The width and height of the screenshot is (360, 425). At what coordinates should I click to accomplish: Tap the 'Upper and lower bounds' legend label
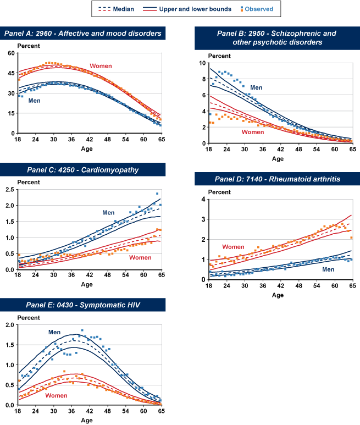pos(195,9)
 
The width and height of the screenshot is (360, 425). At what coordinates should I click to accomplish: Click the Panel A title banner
pos(82,34)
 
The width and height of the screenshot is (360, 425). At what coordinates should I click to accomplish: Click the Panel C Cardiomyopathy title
pos(82,169)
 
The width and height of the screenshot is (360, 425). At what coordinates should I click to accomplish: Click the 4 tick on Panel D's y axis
pos(203,199)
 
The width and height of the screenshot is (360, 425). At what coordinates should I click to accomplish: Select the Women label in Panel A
pos(101,66)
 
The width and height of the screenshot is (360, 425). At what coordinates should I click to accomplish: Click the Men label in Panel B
pos(256,87)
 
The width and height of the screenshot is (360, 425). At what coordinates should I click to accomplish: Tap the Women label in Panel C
pos(140,257)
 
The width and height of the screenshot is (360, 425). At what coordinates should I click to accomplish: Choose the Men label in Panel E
pos(54,332)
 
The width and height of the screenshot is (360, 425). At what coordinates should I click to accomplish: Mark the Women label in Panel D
pos(233,247)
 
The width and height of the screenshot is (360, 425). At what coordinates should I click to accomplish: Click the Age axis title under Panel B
pos(278,159)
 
